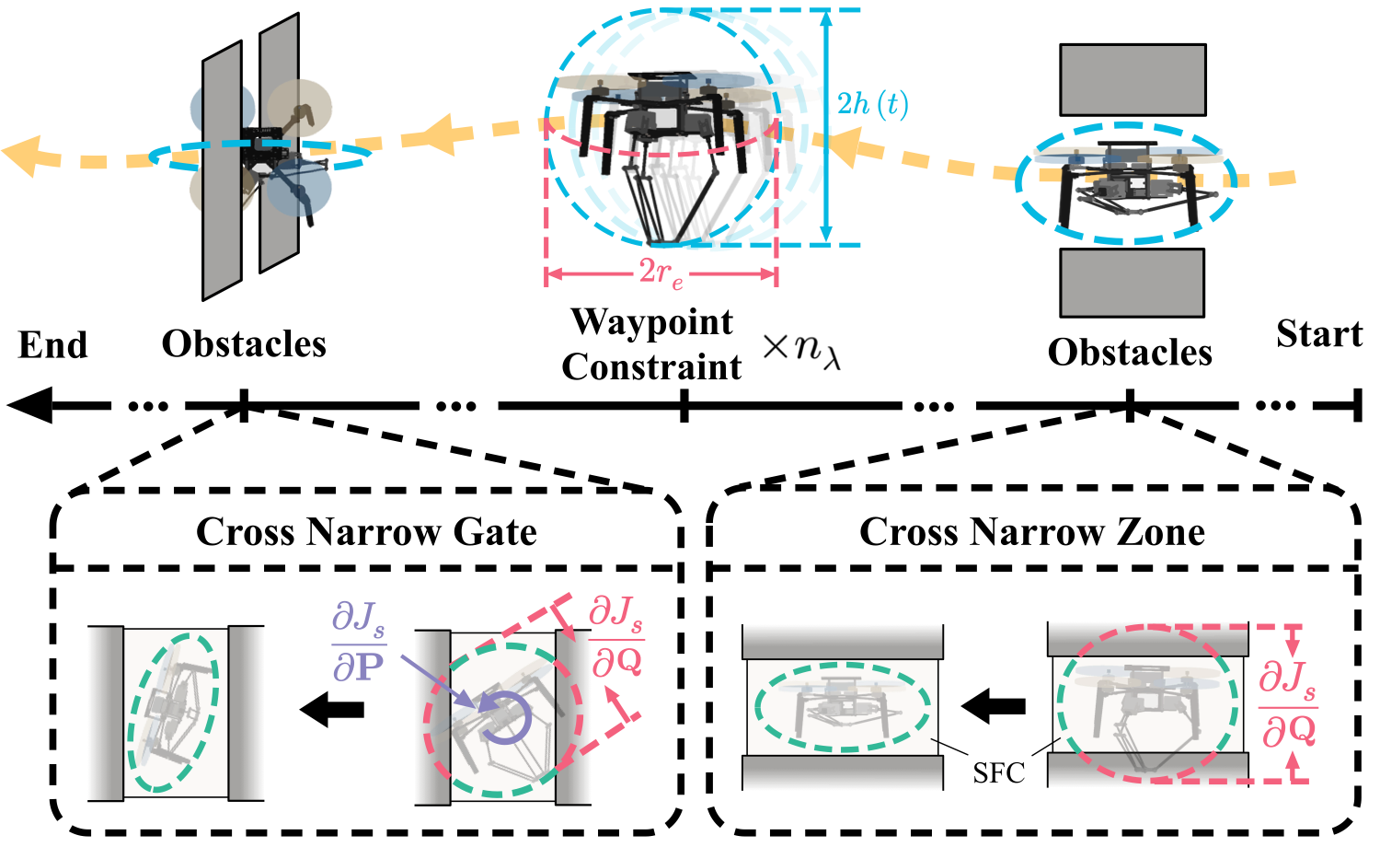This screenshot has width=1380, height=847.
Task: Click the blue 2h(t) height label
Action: tap(872, 104)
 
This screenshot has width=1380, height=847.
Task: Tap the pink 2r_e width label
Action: tap(661, 273)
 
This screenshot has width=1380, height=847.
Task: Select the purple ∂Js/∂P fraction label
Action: tap(358, 642)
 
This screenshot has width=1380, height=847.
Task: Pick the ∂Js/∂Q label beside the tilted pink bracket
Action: tap(616, 636)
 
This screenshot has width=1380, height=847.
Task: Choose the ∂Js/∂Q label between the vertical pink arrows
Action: tap(1288, 704)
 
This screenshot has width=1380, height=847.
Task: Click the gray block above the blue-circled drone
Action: tap(1133, 79)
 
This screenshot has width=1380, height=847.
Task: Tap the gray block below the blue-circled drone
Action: tap(1132, 283)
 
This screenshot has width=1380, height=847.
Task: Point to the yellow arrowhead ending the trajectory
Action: tap(22, 155)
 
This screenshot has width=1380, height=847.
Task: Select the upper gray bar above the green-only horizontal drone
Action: tap(842, 641)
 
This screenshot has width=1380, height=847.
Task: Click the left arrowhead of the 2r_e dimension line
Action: tap(553, 274)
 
